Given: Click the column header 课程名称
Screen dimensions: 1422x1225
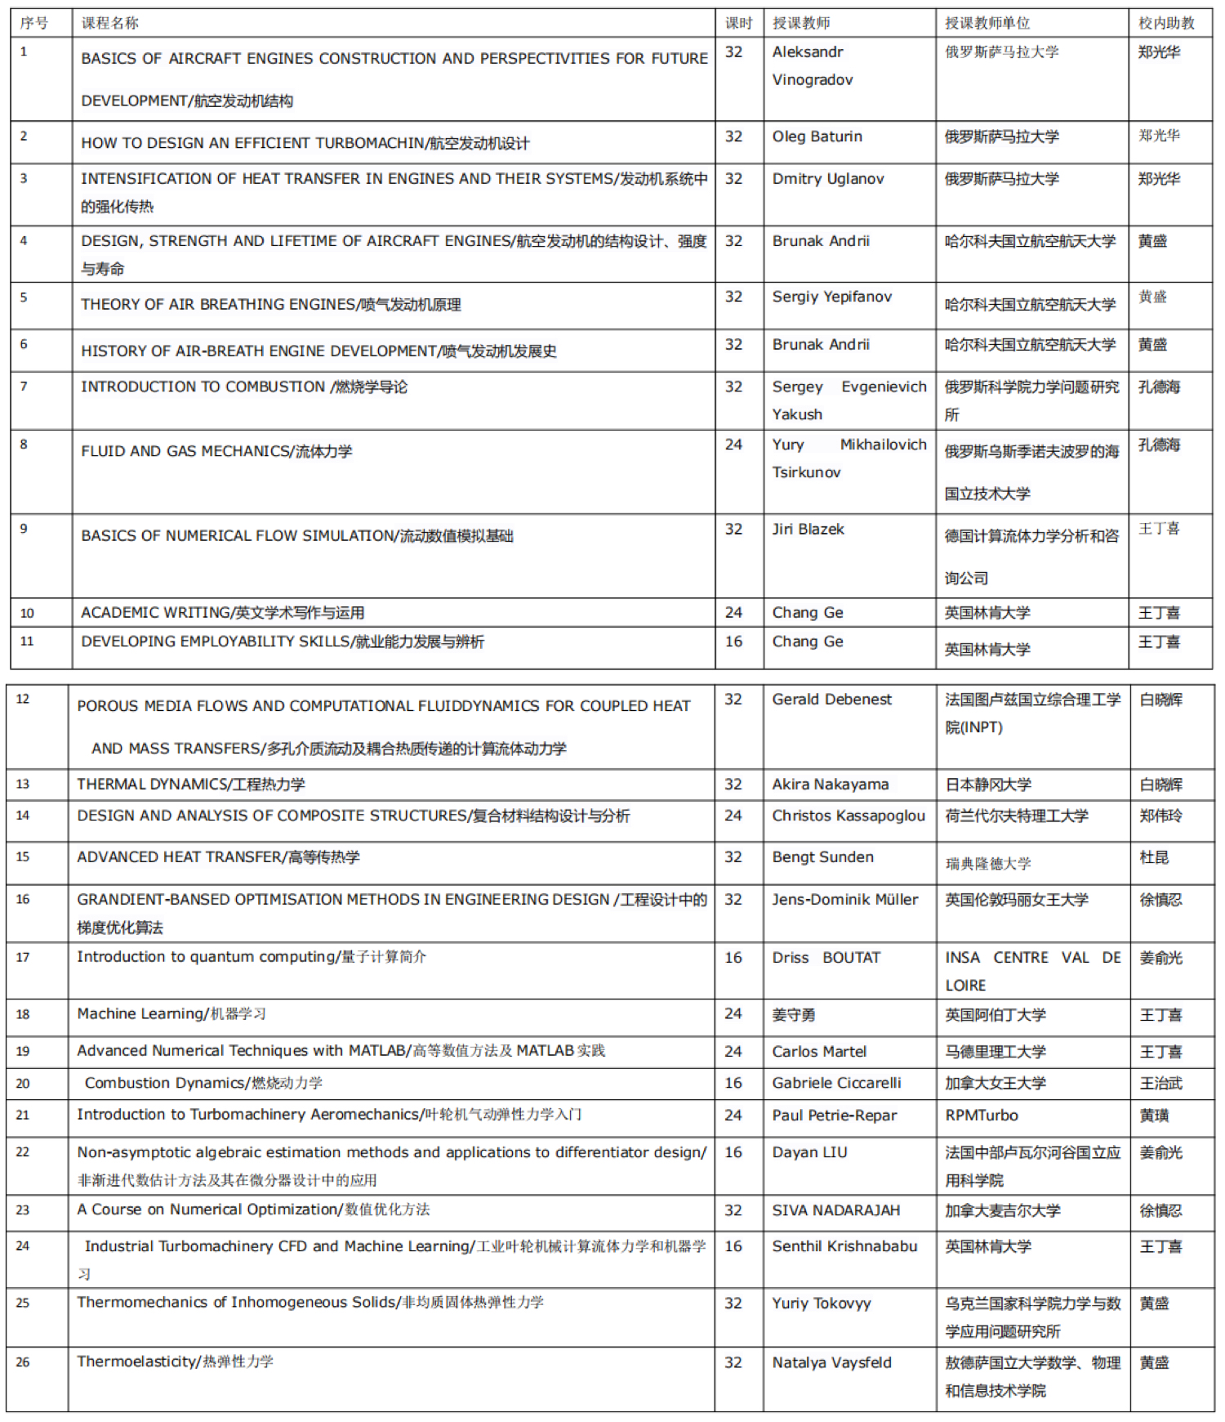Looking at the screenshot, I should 110,23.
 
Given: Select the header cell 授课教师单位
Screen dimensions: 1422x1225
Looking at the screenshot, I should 987,23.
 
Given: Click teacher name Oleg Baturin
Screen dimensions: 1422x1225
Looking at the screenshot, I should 817,136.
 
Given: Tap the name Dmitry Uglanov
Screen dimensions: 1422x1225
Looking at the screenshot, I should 827,179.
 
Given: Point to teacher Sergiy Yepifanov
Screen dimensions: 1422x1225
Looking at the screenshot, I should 831,297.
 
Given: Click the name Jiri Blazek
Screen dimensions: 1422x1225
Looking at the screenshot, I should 808,530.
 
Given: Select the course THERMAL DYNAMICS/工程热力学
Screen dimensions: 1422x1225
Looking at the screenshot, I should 191,785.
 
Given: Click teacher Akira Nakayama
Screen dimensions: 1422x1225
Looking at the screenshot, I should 830,785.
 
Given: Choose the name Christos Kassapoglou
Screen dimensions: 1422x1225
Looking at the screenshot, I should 849,816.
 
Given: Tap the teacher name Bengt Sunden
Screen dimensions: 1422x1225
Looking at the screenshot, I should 822,857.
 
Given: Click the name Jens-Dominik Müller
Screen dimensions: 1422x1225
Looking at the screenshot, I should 844,900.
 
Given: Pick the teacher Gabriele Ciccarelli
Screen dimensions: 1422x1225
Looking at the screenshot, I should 836,1083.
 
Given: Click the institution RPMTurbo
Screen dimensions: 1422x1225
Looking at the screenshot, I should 981,1116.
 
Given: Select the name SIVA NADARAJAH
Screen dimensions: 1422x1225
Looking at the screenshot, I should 835,1210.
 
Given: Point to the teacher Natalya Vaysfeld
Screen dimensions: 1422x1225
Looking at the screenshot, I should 831,1362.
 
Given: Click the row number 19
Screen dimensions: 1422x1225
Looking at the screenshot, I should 23,1052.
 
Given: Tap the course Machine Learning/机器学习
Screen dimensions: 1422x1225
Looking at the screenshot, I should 171,1014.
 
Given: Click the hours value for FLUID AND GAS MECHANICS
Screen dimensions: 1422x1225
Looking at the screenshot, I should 733,445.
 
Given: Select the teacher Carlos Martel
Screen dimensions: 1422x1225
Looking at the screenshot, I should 819,1052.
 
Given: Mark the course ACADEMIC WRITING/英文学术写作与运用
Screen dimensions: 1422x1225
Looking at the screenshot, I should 222,613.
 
